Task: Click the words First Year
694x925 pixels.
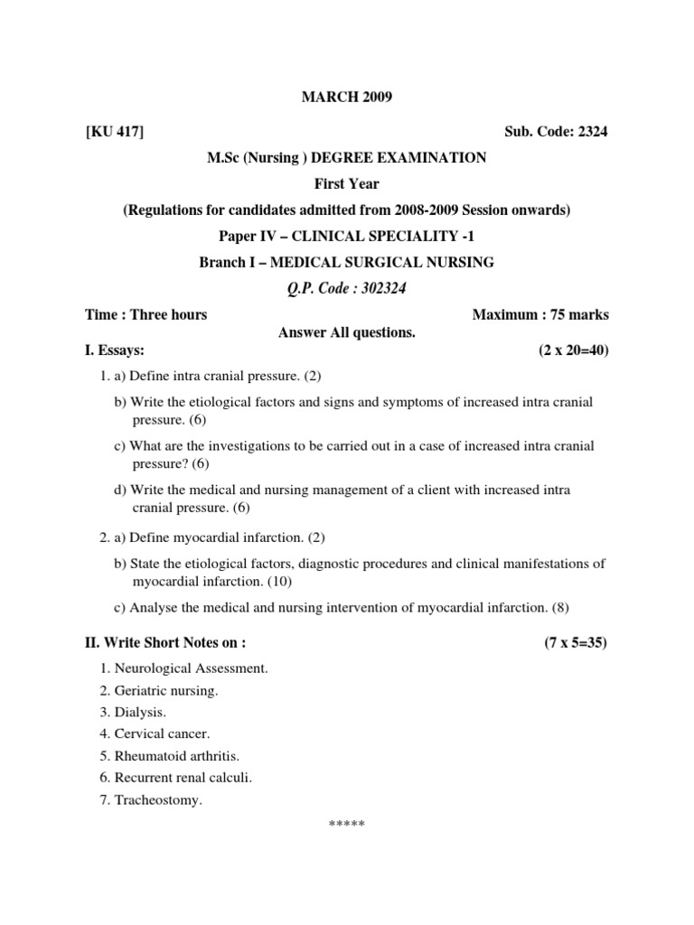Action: (346, 184)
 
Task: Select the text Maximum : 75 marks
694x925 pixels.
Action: (540, 315)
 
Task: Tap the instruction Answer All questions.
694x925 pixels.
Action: (346, 333)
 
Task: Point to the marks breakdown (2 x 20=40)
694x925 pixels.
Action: (572, 350)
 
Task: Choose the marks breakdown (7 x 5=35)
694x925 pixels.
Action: (576, 643)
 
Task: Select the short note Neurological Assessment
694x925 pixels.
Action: (191, 668)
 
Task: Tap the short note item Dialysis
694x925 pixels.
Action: (139, 713)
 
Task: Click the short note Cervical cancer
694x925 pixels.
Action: (162, 734)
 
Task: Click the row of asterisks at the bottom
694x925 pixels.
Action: (346, 824)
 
